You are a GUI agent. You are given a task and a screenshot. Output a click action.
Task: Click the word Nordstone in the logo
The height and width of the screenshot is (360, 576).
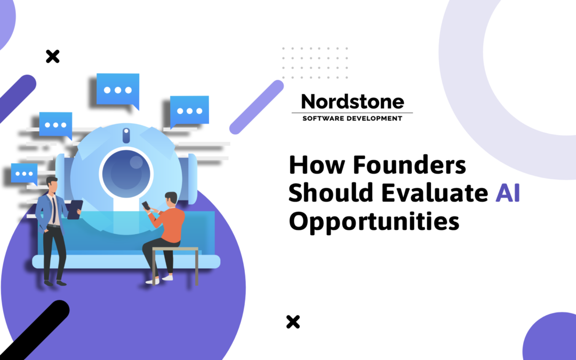pos(352,101)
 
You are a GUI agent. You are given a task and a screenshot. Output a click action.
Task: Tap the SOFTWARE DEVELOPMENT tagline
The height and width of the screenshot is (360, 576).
pos(352,118)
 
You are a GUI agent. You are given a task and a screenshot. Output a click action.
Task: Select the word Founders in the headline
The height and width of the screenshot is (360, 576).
pos(409,166)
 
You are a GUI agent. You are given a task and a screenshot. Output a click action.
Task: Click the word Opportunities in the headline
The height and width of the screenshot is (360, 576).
pos(374,221)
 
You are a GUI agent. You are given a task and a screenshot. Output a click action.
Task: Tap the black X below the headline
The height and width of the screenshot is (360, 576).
pos(293,322)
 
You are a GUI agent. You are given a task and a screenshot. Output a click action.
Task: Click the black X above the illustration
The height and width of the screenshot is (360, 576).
pos(52,56)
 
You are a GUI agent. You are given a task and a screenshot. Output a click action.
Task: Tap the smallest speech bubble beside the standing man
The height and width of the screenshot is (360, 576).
pos(24,173)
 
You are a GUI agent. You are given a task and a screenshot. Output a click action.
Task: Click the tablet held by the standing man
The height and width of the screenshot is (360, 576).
pos(74,209)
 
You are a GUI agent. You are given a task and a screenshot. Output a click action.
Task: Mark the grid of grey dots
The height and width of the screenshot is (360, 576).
pos(315,62)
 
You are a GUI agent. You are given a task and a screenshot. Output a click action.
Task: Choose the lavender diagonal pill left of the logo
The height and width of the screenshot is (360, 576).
pos(257,107)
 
